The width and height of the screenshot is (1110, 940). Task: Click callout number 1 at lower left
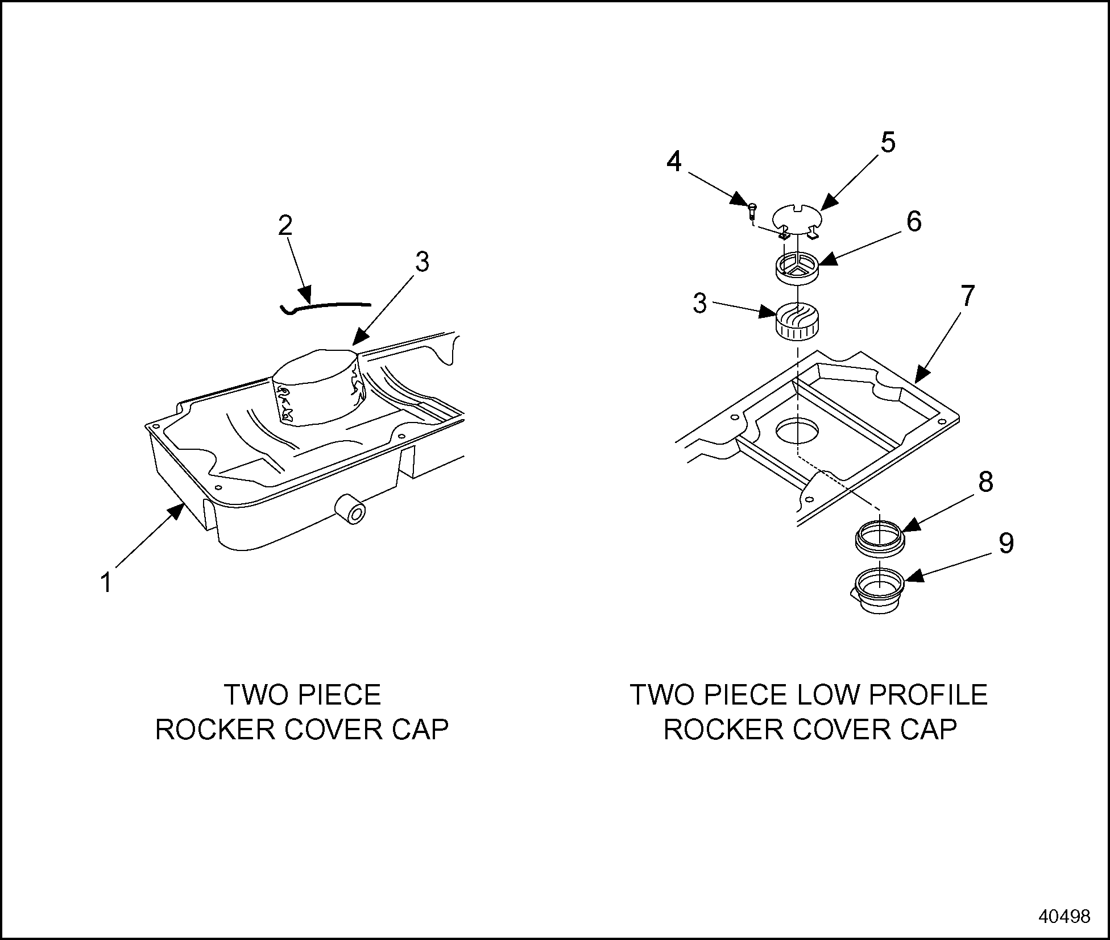click(106, 583)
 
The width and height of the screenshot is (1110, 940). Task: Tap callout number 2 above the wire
click(285, 226)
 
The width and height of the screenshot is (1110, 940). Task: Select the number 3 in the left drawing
click(421, 262)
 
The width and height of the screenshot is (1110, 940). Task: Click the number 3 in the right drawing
click(699, 303)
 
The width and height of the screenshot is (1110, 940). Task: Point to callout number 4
click(674, 162)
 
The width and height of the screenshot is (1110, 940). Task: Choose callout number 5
click(888, 142)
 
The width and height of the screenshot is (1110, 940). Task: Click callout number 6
click(914, 221)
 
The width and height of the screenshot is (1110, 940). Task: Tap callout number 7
click(967, 296)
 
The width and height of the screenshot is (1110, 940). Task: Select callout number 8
click(985, 482)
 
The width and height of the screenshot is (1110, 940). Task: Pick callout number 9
click(1006, 544)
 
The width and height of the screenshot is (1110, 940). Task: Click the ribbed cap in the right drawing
click(798, 321)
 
